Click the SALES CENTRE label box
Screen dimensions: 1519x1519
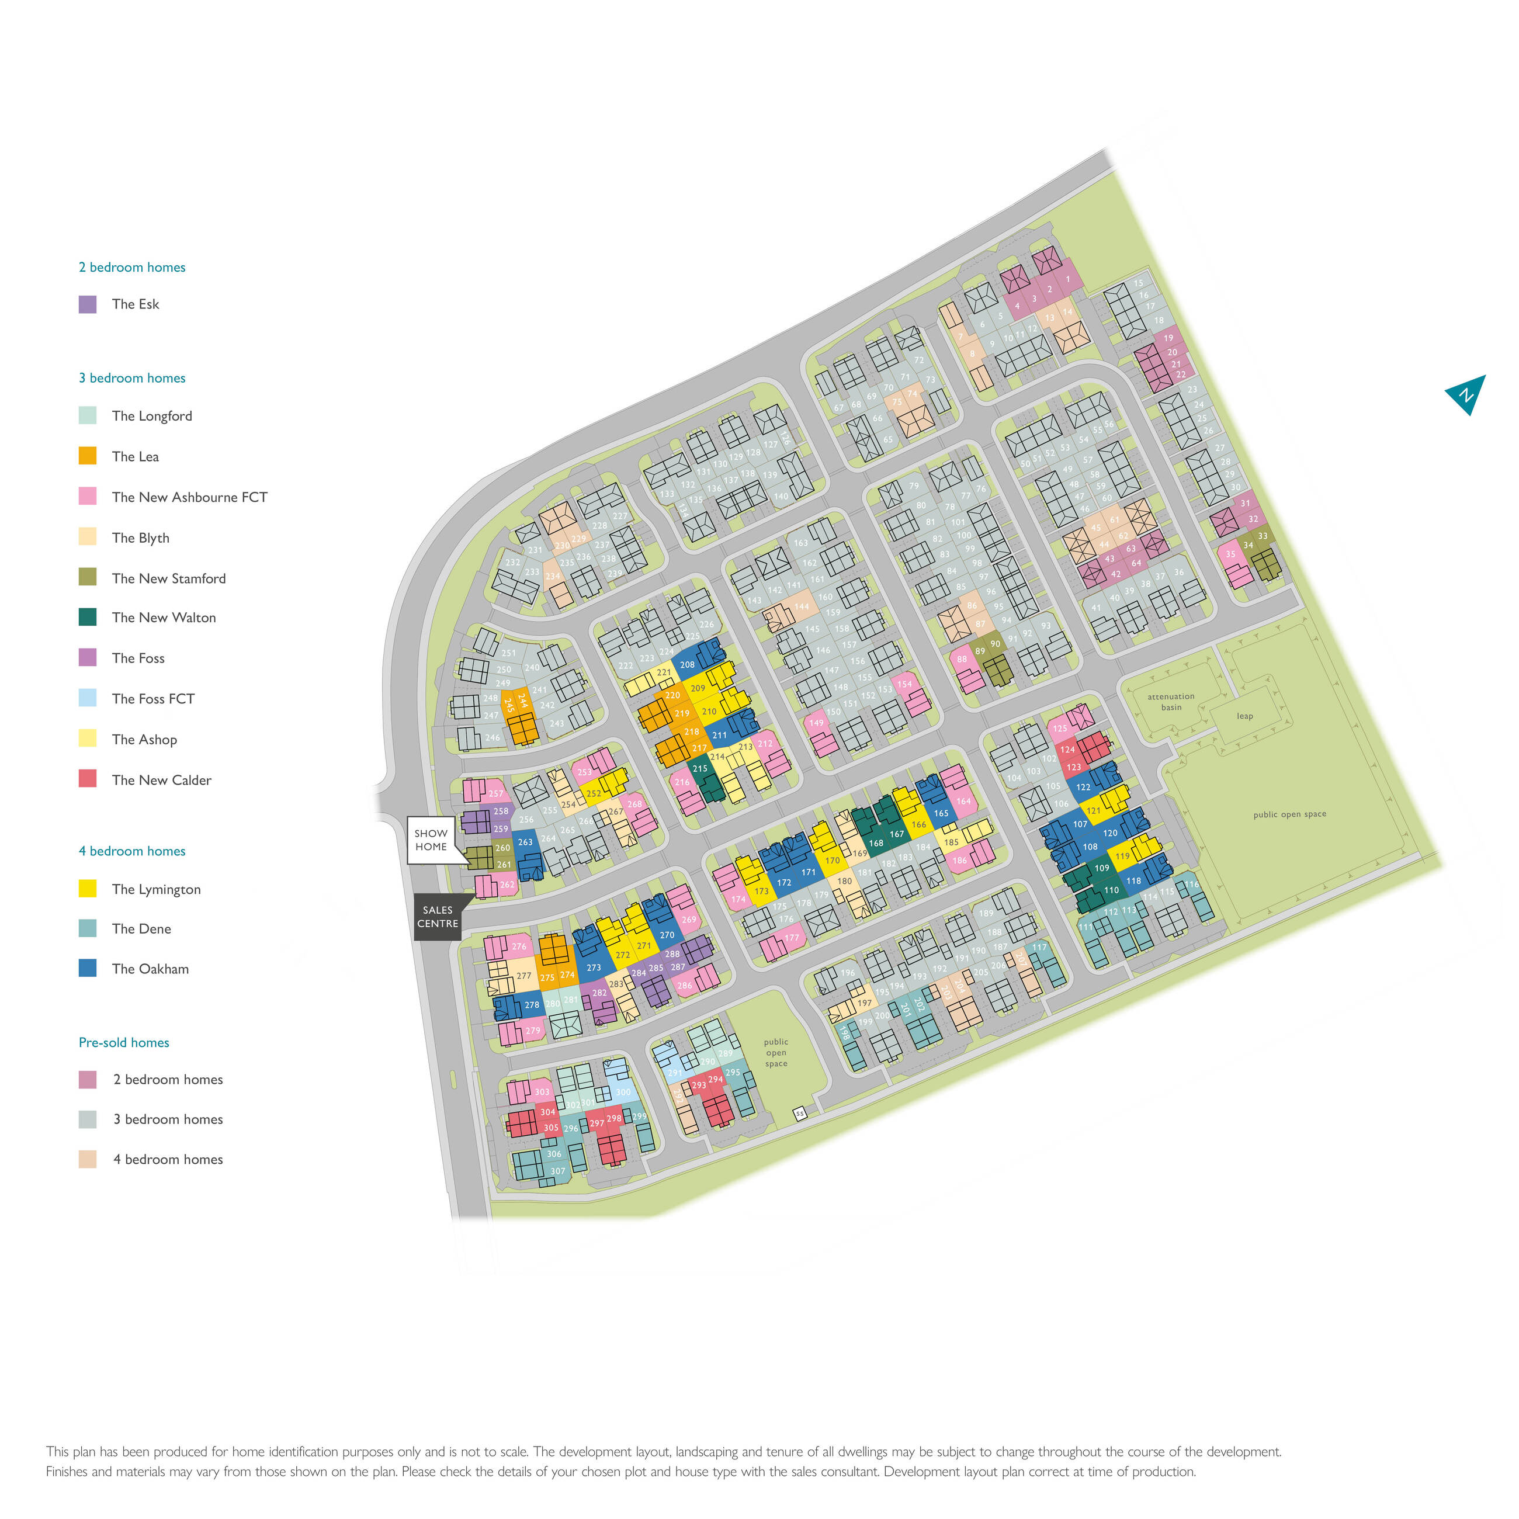[437, 917]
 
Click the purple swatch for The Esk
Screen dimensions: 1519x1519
[87, 304]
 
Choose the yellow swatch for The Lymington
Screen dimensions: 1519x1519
[87, 889]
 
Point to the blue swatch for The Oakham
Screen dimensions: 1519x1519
[87, 968]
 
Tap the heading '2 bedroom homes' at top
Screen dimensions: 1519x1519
[132, 268]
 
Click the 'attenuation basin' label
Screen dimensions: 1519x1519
[1171, 701]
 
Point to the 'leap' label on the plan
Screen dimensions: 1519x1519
[1244, 716]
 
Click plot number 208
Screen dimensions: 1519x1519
[687, 664]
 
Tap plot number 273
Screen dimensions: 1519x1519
[594, 968]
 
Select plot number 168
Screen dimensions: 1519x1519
[876, 843]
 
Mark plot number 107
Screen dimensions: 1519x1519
[1080, 824]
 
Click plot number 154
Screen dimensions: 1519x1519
[905, 684]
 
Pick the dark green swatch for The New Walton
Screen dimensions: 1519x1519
[87, 617]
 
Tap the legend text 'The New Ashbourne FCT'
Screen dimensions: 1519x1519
[189, 497]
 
